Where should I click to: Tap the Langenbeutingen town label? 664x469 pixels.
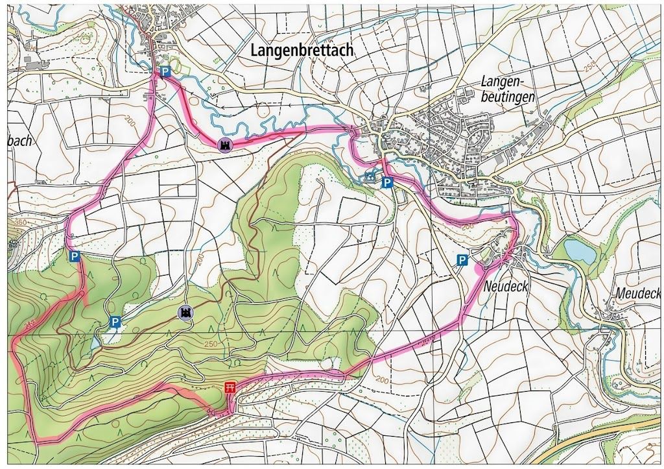508,89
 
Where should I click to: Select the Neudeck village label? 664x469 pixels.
506,286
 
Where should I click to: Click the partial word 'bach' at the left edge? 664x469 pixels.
20,140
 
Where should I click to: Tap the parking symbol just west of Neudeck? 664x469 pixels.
462,260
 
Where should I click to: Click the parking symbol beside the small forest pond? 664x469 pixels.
115,321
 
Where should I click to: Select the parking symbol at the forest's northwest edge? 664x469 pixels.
75,256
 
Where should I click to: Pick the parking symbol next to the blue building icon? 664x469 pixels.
386,182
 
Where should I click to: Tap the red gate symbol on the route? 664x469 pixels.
229,388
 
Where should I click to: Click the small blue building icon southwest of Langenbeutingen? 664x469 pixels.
370,176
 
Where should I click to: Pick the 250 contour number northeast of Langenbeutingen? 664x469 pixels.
588,67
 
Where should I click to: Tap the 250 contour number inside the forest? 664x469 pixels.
209,344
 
